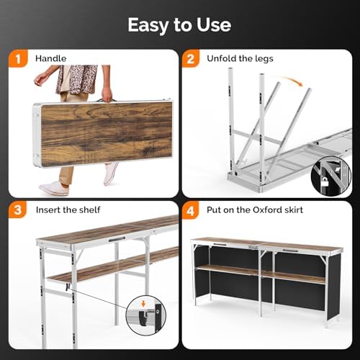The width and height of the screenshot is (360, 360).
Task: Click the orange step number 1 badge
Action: click(18, 58)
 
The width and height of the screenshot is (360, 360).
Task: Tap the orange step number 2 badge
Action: click(191, 58)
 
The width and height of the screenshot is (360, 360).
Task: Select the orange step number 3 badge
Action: click(18, 210)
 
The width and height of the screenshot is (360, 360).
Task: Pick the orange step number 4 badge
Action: click(191, 210)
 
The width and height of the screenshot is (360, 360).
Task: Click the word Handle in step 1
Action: click(50, 58)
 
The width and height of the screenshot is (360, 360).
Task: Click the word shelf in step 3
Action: click(89, 210)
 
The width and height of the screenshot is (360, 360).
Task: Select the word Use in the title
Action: click(214, 24)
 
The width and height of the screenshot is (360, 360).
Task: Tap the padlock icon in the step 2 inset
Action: click(325, 182)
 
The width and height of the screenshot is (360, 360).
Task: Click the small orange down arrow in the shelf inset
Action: click(143, 304)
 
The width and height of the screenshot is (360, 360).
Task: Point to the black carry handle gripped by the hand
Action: click(106, 99)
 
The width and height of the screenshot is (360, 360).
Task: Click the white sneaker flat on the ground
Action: click(55, 189)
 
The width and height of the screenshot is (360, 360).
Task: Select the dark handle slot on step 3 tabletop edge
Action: click(117, 239)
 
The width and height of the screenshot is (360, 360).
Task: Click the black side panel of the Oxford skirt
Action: click(334, 287)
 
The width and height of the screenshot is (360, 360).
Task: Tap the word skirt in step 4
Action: click(294, 210)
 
